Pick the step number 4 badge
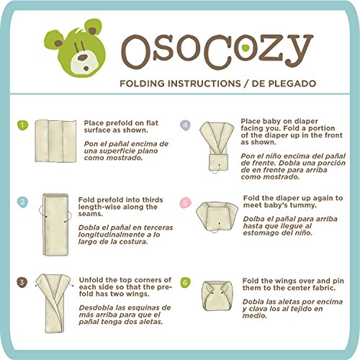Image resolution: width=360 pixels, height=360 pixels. pyautogui.click(x=186, y=125)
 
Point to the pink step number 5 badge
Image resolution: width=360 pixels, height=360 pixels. pyautogui.click(x=186, y=203)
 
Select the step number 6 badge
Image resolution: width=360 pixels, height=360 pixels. pyautogui.click(x=186, y=283)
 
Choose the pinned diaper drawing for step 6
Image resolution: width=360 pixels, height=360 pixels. pyautogui.click(x=216, y=299)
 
